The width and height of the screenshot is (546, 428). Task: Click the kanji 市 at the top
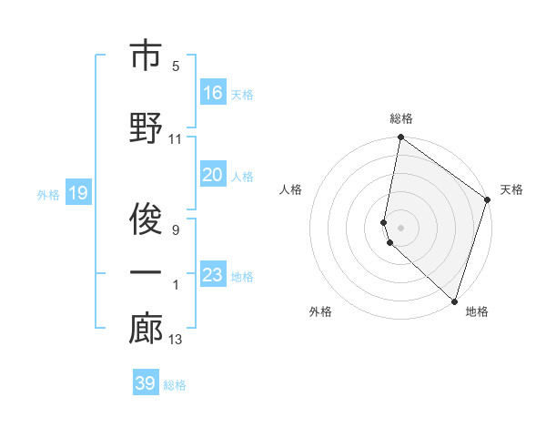pyautogui.click(x=146, y=56)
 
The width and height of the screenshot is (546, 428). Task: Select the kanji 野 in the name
pyautogui.click(x=146, y=127)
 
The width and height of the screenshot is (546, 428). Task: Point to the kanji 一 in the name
pyautogui.click(x=146, y=272)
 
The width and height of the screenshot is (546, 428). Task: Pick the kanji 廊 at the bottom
pyautogui.click(x=146, y=329)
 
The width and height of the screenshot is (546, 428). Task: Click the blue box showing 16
pyautogui.click(x=213, y=93)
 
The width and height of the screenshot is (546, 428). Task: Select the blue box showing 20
pyautogui.click(x=213, y=176)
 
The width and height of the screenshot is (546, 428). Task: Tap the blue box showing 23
pyautogui.click(x=213, y=275)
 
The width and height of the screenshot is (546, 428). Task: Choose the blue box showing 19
pyautogui.click(x=77, y=193)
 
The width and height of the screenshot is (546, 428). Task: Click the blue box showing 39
pyautogui.click(x=146, y=383)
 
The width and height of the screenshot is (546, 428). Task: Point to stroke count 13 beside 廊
pyautogui.click(x=176, y=341)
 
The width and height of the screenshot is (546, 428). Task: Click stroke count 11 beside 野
pyautogui.click(x=176, y=139)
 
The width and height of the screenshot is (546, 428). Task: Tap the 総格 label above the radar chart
pyautogui.click(x=401, y=118)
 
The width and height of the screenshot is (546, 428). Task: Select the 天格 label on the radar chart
pyautogui.click(x=511, y=189)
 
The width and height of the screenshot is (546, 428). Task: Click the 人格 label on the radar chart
pyautogui.click(x=290, y=189)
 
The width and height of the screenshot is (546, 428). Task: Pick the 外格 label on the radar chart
pyautogui.click(x=320, y=312)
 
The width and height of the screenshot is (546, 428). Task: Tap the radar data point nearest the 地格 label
pyautogui.click(x=454, y=301)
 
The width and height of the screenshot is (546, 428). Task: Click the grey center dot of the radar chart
pyautogui.click(x=401, y=227)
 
